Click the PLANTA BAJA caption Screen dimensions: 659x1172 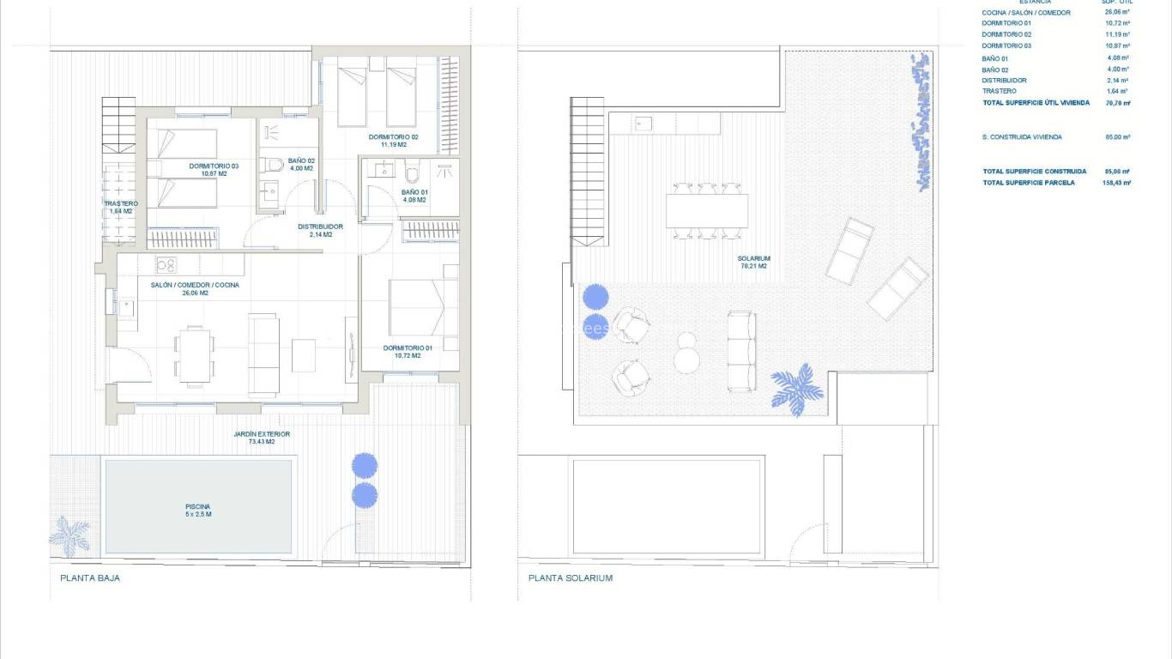90,578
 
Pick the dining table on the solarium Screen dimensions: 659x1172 707,210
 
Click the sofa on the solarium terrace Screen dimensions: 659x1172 742,352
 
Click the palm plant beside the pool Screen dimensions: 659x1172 69,534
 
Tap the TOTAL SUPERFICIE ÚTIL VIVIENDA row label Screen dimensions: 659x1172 1036,102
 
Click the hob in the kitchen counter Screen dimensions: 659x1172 166,264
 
